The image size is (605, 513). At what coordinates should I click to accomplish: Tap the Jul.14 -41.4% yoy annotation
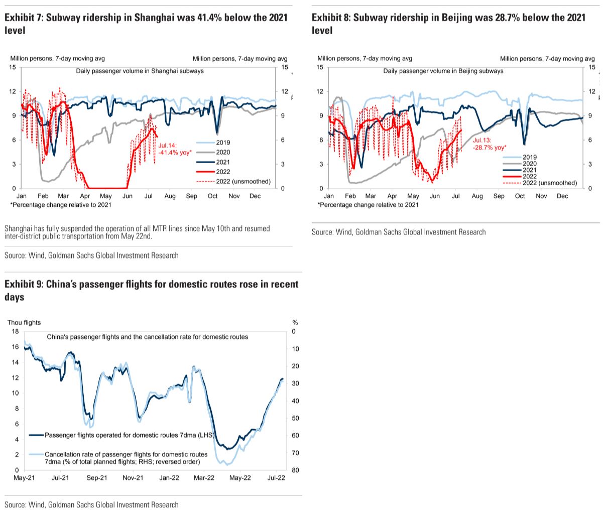[175, 148]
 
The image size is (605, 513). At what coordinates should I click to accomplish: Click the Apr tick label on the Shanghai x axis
[85, 196]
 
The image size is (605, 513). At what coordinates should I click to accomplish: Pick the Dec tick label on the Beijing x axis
[562, 196]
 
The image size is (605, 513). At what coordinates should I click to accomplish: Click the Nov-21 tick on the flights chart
[133, 478]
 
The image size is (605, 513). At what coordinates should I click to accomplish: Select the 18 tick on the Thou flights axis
[15, 331]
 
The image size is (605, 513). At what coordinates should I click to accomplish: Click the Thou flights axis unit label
[24, 322]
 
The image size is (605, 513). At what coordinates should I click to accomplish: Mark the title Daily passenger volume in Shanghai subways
[140, 71]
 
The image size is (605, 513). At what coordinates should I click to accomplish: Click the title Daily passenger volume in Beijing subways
[443, 71]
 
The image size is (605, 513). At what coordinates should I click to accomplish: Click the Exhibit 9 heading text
[151, 291]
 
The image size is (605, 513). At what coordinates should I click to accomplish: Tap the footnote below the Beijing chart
[368, 205]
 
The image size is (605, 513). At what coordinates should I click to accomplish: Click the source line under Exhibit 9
[91, 504]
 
